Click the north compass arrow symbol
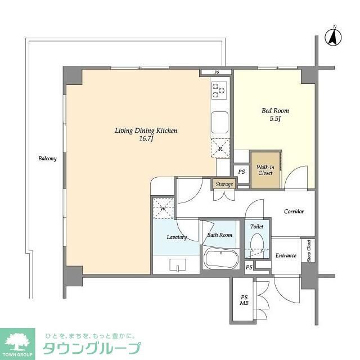pyautogui.click(x=334, y=37)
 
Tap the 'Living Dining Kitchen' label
pyautogui.click(x=146, y=130)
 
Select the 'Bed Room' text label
pyautogui.click(x=275, y=111)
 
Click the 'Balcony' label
pyautogui.click(x=47, y=159)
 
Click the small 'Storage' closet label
pyautogui.click(x=223, y=183)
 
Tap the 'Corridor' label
pyautogui.click(x=294, y=211)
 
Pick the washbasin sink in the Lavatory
pyautogui.click(x=176, y=264)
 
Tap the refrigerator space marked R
pyautogui.click(x=219, y=147)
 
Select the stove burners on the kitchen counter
pyautogui.click(x=219, y=89)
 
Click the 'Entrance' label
pyautogui.click(x=286, y=256)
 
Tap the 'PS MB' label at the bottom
pyautogui.click(x=244, y=300)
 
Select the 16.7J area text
pyautogui.click(x=146, y=138)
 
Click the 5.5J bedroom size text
pyautogui.click(x=275, y=119)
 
